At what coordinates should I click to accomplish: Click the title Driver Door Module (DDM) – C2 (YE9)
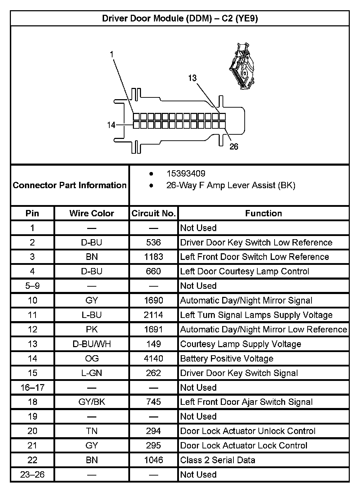[180, 18]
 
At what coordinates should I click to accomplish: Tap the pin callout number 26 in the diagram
[234, 146]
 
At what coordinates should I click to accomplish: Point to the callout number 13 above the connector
[192, 78]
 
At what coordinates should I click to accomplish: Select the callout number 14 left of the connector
[111, 125]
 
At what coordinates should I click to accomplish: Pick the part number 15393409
[186, 173]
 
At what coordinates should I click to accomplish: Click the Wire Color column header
[92, 213]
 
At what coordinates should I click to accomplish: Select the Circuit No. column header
[153, 213]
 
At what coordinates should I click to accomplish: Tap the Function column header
[263, 213]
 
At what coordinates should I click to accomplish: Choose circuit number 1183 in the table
[153, 257]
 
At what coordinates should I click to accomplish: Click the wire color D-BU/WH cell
[92, 344]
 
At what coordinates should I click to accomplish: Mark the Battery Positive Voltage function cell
[227, 358]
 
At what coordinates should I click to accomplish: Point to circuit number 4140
[153, 358]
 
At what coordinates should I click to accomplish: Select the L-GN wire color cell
[92, 373]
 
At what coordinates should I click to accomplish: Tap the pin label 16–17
[32, 388]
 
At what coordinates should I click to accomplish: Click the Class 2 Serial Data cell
[218, 460]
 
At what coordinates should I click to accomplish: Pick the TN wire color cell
[92, 431]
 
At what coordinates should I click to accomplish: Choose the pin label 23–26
[32, 475]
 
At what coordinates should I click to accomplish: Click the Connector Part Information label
[70, 185]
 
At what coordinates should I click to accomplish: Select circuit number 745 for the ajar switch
[153, 402]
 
